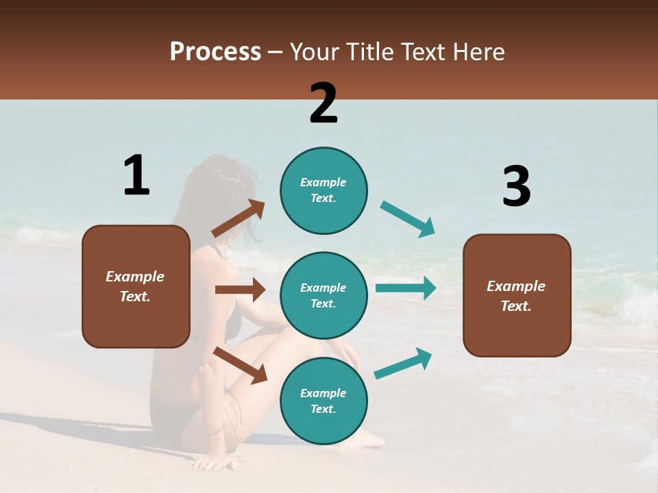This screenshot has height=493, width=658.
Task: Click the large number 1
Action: [x=136, y=175]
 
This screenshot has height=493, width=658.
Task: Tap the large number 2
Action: [x=324, y=103]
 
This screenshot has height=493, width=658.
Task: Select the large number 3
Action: [x=516, y=186]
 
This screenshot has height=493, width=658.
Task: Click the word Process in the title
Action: [x=215, y=51]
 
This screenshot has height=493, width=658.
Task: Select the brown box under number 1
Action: [x=136, y=286]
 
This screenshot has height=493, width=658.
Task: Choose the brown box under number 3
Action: [x=517, y=295]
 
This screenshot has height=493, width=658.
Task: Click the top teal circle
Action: [x=324, y=190]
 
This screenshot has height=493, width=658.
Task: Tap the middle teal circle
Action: [x=324, y=295]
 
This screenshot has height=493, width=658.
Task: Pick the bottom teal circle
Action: [x=324, y=401]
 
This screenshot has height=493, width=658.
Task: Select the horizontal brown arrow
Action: [x=240, y=290]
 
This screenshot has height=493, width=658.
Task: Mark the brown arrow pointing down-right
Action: [x=240, y=365]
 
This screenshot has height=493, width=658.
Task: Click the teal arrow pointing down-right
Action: [x=408, y=219]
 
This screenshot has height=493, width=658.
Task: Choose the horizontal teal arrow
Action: [x=406, y=288]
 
